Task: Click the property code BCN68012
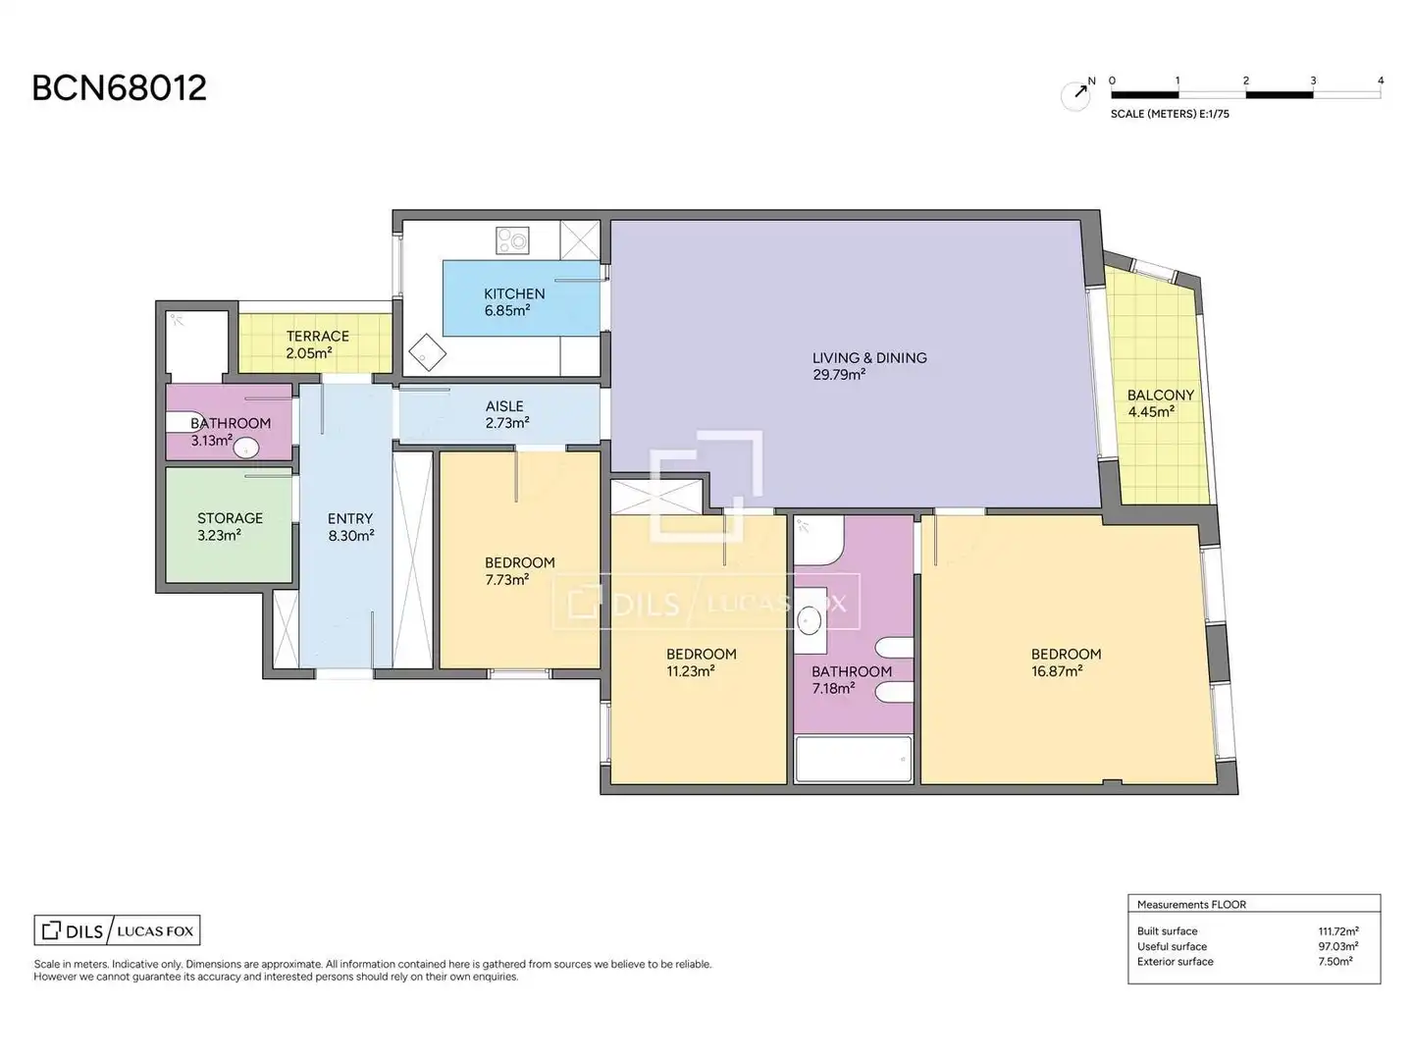click(x=119, y=88)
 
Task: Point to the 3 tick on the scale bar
click(x=1313, y=80)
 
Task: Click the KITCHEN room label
click(x=514, y=293)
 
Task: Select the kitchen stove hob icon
click(x=512, y=240)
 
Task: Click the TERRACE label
click(x=317, y=336)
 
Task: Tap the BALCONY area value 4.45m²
click(x=1151, y=412)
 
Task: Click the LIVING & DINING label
click(x=869, y=358)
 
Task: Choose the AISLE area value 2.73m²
click(x=507, y=423)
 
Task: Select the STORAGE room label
click(x=230, y=518)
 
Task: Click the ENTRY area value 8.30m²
click(x=351, y=536)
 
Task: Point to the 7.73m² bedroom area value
click(x=506, y=580)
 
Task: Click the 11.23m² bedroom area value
click(x=690, y=671)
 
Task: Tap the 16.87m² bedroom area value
click(x=1057, y=671)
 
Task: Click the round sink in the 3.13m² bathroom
click(x=246, y=448)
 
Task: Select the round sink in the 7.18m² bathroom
click(x=809, y=620)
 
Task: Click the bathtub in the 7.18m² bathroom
click(x=854, y=760)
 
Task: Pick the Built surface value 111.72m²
click(x=1337, y=931)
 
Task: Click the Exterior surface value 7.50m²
click(x=1334, y=962)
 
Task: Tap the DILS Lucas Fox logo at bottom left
click(x=117, y=930)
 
